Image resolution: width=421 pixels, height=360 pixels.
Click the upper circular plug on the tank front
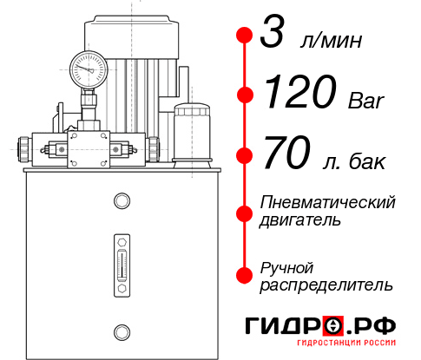(121, 201)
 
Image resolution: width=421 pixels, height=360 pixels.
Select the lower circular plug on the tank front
(121, 330)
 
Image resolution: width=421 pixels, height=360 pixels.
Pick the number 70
(286, 155)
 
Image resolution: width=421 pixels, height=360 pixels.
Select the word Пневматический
(328, 203)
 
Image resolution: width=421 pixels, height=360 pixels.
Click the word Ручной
(286, 266)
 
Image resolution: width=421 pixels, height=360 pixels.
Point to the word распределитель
(326, 285)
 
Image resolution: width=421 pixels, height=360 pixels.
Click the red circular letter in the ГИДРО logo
(333, 326)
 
